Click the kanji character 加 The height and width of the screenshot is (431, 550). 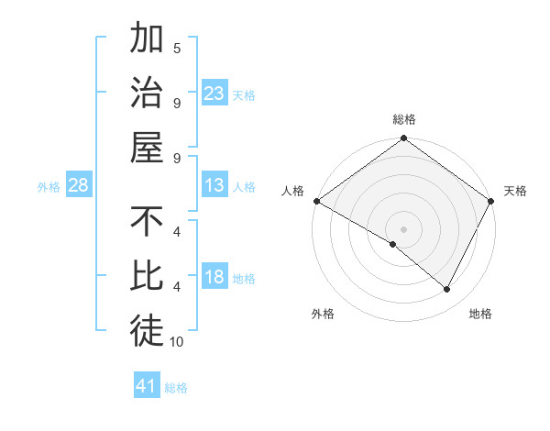point(147,39)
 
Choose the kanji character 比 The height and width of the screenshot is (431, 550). point(147,277)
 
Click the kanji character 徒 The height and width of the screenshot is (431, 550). point(147,331)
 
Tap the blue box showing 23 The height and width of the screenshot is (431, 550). point(214,94)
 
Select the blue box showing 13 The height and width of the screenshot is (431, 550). point(214,186)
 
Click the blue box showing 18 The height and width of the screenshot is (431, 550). point(214,278)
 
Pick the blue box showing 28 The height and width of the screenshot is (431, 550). point(79,186)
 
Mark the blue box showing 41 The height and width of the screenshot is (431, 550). point(147,386)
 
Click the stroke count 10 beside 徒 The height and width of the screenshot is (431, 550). point(177,342)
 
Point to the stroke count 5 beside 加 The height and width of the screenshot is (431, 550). point(177,48)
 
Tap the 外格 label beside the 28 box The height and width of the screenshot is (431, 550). point(49,187)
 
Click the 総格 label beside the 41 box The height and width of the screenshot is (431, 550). point(176,388)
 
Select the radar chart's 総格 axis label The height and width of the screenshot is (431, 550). point(404,119)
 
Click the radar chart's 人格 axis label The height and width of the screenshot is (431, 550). point(293,191)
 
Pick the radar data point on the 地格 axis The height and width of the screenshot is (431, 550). point(447,290)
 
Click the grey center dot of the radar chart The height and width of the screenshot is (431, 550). point(404,228)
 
